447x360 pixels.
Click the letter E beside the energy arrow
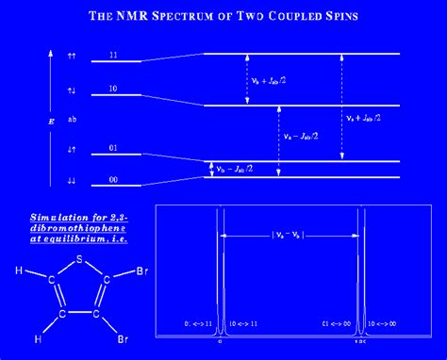click(x=39, y=121)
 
